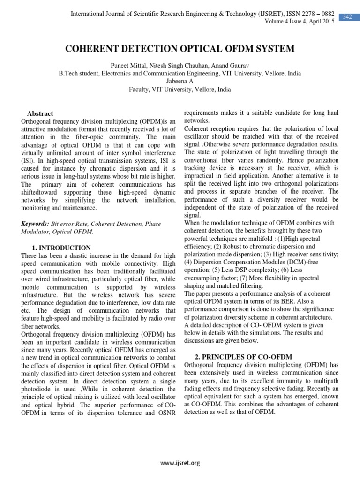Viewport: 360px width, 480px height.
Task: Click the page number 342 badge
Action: (347, 17)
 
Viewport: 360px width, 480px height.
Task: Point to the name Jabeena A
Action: (180, 82)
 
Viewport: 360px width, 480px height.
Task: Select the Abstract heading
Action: (40, 113)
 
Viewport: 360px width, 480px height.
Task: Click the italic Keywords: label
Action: (36, 224)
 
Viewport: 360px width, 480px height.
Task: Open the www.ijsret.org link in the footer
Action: (180, 463)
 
